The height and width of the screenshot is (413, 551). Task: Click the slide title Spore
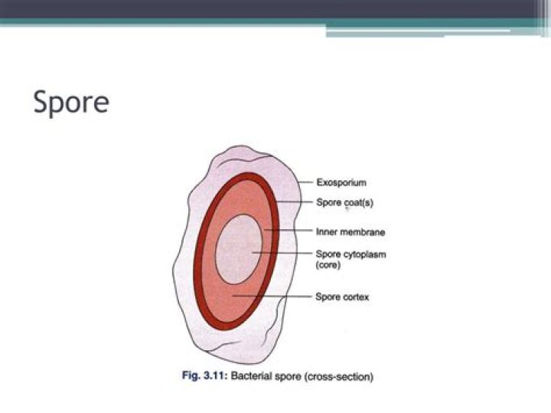tap(71, 102)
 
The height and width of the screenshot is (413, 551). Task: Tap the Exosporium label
tap(341, 182)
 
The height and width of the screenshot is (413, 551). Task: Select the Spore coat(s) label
tap(344, 202)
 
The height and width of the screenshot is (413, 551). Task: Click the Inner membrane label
tap(350, 232)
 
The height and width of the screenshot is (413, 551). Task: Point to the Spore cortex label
tap(342, 297)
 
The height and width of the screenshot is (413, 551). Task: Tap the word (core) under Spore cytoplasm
tap(328, 265)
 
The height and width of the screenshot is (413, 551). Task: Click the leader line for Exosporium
tap(305, 182)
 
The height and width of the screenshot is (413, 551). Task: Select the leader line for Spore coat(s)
tap(294, 202)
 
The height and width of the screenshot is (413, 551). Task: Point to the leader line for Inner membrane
tap(289, 231)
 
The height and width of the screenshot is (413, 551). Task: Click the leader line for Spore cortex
tap(272, 297)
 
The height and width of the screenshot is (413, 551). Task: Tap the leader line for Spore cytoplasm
tap(282, 253)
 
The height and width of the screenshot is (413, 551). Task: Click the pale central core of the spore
tap(239, 249)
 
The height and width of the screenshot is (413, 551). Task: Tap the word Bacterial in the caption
tap(251, 375)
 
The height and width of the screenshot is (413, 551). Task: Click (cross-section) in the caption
tap(339, 376)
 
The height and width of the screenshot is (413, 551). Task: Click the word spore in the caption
tap(288, 377)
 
